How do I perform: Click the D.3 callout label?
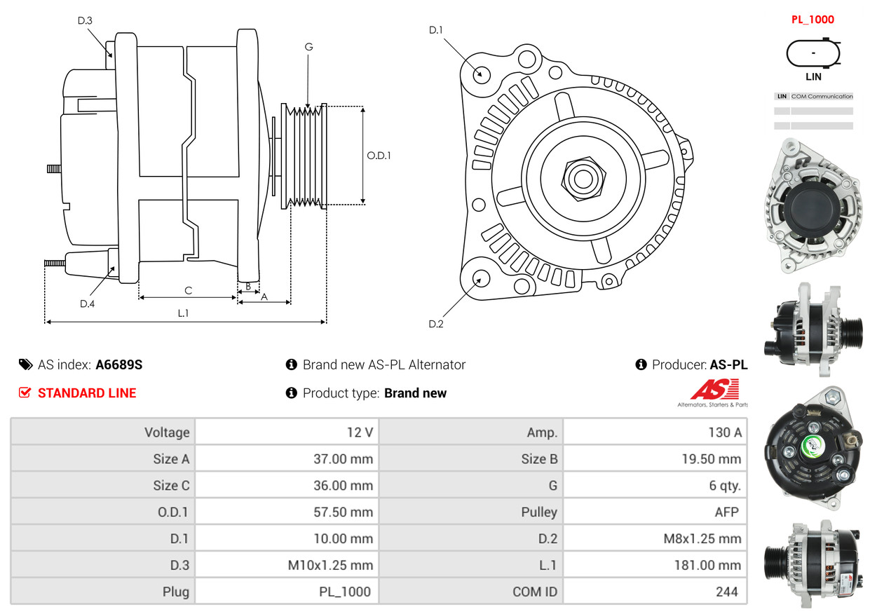coord(85,20)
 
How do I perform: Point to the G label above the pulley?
coord(308,47)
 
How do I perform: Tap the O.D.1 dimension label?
coord(379,156)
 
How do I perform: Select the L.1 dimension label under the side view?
coord(183,313)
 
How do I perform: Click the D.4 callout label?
coord(87,304)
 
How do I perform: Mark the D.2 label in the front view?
coord(436,324)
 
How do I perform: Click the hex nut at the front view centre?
coord(583,179)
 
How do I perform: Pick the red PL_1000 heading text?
coord(813,20)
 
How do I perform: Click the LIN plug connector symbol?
coord(813,53)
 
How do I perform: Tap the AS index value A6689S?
coord(119,364)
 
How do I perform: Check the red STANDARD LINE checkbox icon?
coord(25,393)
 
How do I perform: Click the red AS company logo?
coord(714,390)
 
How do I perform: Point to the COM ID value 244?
coord(727,592)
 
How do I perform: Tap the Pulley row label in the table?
coord(539,512)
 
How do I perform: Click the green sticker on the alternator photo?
coord(811,447)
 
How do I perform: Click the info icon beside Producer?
coord(641,364)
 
